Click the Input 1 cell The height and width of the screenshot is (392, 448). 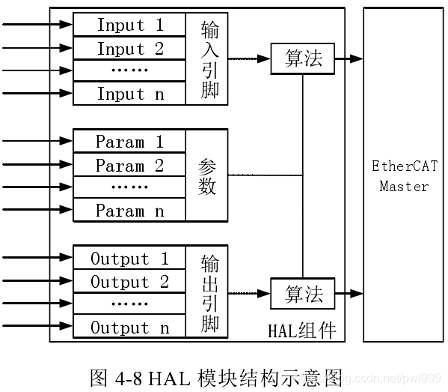[129, 25]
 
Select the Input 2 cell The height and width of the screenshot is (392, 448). [129, 49]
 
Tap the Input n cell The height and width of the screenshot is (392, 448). [129, 94]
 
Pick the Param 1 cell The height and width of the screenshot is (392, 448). [129, 142]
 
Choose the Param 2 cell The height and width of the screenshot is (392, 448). [129, 166]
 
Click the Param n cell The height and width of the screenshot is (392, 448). [129, 211]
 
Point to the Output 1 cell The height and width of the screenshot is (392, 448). [129, 259]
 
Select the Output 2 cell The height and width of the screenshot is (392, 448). [129, 283]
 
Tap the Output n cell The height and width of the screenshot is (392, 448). [129, 328]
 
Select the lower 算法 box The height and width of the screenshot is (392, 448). [303, 294]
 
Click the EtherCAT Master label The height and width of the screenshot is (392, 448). [403, 176]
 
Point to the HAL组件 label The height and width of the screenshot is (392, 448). [301, 331]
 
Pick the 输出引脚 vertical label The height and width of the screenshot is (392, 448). [208, 293]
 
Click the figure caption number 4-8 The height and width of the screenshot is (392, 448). [130, 377]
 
